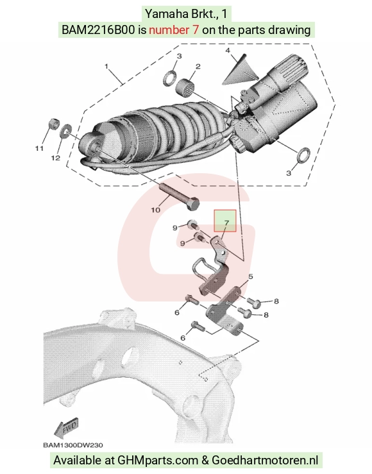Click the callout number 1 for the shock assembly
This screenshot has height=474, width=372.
coord(106,66)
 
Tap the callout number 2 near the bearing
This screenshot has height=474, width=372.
coord(198,66)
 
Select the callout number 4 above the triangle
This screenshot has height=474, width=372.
coord(228,50)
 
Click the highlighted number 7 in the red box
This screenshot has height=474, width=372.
coord(226,223)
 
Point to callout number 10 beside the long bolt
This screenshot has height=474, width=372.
coord(155,210)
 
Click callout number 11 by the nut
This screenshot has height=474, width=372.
coord(39,148)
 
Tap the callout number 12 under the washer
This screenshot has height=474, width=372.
coord(55,158)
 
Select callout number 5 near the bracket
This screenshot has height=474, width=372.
coord(251,276)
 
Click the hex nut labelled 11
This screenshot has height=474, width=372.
coord(53,124)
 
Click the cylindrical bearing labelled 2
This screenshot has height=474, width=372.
coord(185,85)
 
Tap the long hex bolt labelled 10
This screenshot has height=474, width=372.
coord(180,198)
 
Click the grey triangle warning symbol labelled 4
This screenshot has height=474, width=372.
coord(241,71)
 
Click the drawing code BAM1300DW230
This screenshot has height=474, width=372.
coord(73,445)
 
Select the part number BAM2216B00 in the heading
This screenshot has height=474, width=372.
coord(98,30)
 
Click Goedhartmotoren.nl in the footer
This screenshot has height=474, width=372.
coord(265,460)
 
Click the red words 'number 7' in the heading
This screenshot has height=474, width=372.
coord(174,30)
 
